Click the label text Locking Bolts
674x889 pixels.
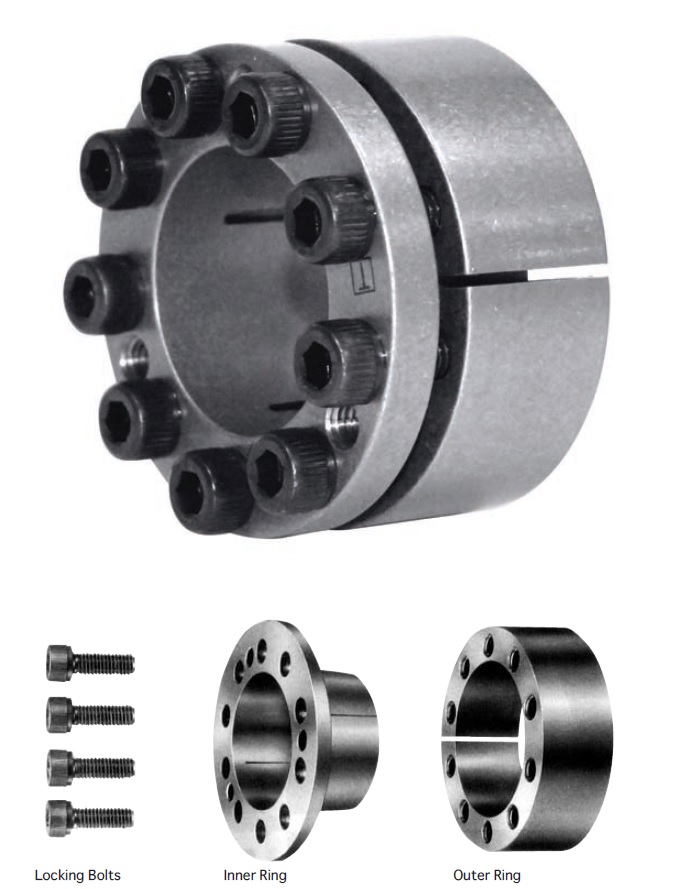point(77,875)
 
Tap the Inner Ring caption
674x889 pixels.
point(255,875)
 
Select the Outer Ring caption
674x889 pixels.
point(486,875)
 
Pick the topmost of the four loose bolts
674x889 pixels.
point(91,662)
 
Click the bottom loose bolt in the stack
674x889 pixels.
point(90,816)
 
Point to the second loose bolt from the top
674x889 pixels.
point(91,713)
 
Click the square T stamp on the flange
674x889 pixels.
point(361,277)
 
